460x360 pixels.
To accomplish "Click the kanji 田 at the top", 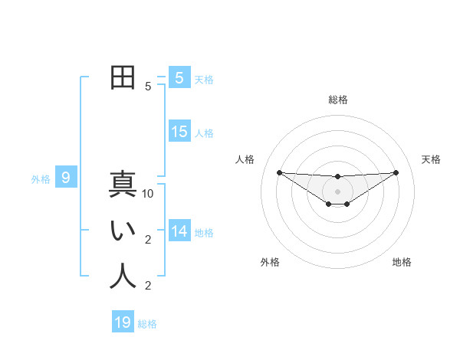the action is (x=123, y=78).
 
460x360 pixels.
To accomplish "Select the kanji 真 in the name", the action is (x=123, y=185).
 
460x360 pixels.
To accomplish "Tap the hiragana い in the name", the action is (x=123, y=231).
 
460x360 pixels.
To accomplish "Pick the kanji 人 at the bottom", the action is (x=123, y=277).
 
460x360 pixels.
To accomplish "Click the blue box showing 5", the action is (x=179, y=78).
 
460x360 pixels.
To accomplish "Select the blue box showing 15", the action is (x=179, y=132).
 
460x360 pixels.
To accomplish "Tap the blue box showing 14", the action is (x=179, y=231).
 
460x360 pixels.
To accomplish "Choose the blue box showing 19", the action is (x=123, y=322).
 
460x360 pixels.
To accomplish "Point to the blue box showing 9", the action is (x=66, y=178).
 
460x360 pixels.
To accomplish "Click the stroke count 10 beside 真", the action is (x=148, y=194).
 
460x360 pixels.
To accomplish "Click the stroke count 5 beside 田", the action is (x=148, y=87).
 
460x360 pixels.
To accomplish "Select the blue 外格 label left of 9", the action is (x=41, y=179).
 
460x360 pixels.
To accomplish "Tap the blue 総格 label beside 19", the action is (x=147, y=324).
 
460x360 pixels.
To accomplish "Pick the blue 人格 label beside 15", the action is (x=204, y=133).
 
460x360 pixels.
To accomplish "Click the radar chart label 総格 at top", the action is (x=337, y=100).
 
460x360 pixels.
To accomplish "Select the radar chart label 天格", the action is (x=431, y=159).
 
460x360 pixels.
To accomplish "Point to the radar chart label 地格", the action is (x=402, y=262).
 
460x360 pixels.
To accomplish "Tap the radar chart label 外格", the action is (x=270, y=262).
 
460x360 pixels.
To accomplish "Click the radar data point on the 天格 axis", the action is (x=396, y=172).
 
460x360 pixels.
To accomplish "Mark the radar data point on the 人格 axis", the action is (x=279, y=172).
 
